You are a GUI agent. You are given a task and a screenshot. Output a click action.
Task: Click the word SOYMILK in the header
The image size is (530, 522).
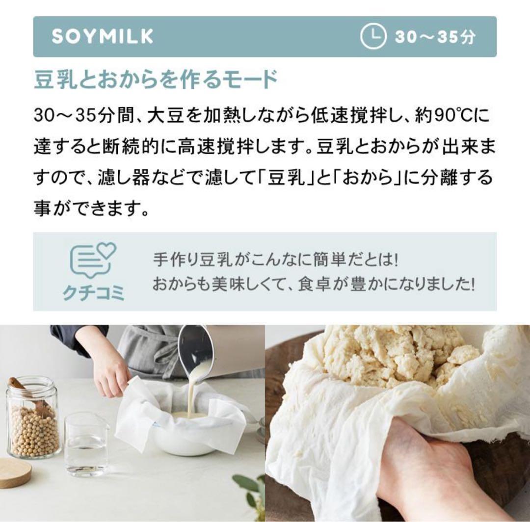pos(102,37)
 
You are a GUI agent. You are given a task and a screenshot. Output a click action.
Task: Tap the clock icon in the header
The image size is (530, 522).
pos(373,37)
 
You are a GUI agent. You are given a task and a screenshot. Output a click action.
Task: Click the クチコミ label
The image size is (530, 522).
pos(93,292)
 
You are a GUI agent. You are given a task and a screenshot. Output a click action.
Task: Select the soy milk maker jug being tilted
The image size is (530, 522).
pos(216,353)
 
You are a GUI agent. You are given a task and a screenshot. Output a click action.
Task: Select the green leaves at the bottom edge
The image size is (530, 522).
pos(250,491)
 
